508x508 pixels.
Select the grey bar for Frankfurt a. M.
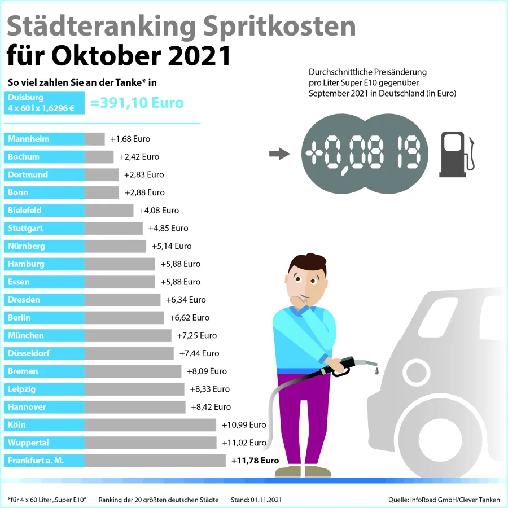[x=155, y=461]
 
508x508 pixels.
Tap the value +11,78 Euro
[x=255, y=461]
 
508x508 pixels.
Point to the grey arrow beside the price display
[x=279, y=154]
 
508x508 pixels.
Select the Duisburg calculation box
[x=44, y=103]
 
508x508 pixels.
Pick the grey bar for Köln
[x=150, y=425]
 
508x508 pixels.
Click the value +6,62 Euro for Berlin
[x=189, y=318]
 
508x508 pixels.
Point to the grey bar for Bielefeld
[x=109, y=211]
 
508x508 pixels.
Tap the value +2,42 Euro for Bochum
[x=139, y=157]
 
